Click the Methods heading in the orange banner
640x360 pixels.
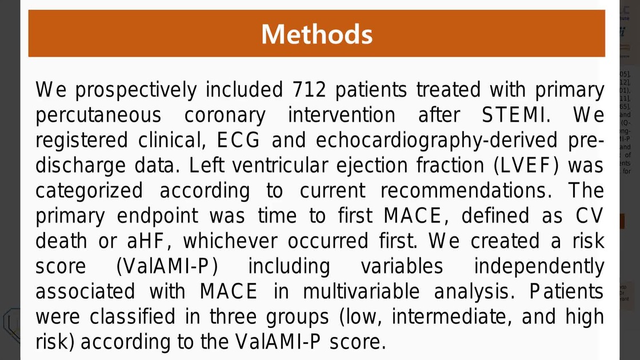click(x=317, y=34)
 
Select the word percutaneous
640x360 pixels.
click(x=98, y=115)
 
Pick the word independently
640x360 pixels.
click(x=539, y=266)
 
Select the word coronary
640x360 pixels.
click(x=225, y=115)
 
